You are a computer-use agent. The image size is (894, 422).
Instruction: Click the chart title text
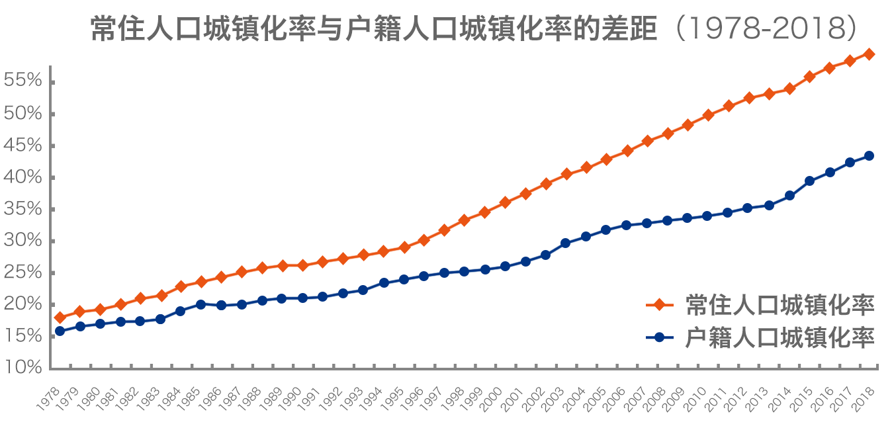474,28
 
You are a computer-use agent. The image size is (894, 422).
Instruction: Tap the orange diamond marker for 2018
870,54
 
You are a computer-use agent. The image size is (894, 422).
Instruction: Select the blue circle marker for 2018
870,156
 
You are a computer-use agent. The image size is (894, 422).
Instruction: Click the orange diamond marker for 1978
60,317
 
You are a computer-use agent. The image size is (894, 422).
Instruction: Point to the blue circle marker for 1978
60,331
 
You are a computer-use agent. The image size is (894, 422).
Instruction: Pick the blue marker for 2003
566,243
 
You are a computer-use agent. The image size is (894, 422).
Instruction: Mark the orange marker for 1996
424,240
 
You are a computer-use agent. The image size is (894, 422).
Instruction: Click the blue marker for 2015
809,181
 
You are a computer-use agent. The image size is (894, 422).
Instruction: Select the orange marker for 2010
707,115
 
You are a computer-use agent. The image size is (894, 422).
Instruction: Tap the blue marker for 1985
201,304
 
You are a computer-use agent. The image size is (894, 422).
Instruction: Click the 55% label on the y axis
23,81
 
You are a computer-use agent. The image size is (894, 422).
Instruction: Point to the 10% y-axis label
23,368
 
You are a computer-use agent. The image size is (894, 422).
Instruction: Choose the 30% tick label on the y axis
23,241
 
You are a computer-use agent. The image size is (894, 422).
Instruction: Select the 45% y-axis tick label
23,146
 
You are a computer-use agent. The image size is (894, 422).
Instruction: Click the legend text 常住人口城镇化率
780,304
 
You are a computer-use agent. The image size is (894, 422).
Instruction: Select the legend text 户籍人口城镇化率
780,337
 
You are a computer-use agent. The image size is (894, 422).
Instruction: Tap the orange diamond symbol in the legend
659,304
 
